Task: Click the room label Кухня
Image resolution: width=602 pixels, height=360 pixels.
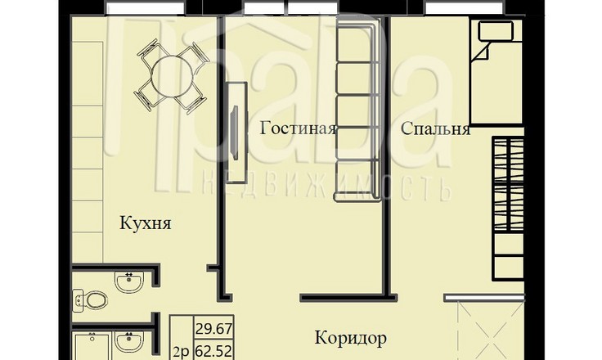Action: click(145, 223)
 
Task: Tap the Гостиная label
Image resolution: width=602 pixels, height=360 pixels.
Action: click(299, 128)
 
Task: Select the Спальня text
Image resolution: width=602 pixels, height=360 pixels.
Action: click(435, 128)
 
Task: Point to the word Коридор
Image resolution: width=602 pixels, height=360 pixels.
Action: click(351, 337)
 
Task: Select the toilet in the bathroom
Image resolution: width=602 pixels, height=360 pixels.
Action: click(96, 300)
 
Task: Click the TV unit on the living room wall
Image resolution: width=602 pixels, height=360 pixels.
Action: click(237, 131)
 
